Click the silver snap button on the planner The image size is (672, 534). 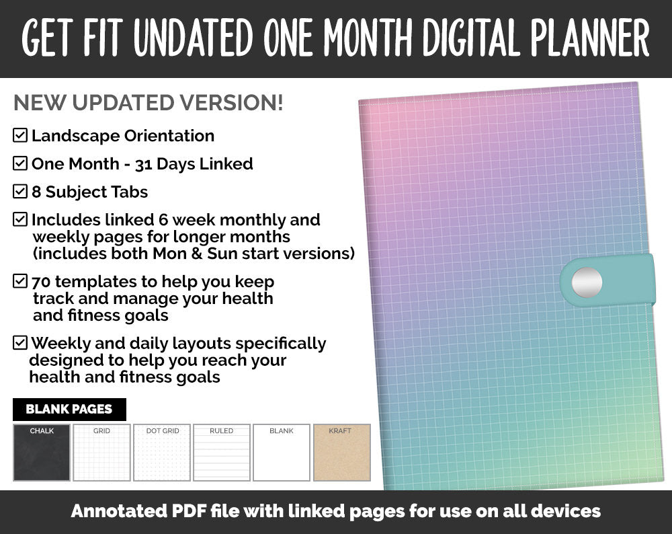click(586, 280)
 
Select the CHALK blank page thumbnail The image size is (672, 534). click(42, 453)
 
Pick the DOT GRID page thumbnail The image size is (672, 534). click(162, 453)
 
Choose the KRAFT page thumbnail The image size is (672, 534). click(342, 453)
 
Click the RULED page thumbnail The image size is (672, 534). click(222, 453)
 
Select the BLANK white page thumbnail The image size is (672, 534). click(282, 453)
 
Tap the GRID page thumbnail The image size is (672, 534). click(101, 453)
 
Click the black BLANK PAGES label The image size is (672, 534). click(69, 409)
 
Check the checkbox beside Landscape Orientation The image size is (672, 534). click(20, 135)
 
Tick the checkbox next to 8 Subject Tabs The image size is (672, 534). click(20, 192)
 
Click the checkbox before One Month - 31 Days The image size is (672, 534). click(20, 163)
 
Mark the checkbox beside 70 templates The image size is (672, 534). click(20, 281)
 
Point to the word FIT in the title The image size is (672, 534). click(103, 38)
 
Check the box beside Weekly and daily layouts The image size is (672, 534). click(20, 343)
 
